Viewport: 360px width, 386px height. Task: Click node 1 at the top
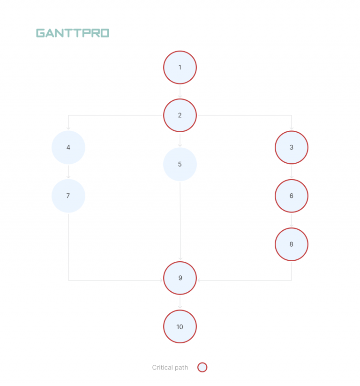tap(180, 68)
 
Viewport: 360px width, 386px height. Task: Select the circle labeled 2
tap(180, 115)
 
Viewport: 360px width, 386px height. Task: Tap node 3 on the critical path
tap(291, 147)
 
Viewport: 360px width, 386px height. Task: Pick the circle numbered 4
tap(68, 147)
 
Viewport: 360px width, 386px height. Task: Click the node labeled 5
tap(180, 164)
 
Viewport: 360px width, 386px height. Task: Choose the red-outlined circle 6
tap(291, 196)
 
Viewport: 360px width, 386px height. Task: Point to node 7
tap(68, 196)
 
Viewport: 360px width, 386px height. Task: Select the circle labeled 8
tap(291, 244)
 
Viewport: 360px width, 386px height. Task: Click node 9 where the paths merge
tap(180, 278)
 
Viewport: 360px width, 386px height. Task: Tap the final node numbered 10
tap(180, 326)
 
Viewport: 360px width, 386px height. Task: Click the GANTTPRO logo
tap(73, 33)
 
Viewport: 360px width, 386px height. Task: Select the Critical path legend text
tap(170, 368)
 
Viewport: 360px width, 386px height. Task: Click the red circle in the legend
tap(202, 368)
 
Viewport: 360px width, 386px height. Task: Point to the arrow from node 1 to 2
tap(180, 91)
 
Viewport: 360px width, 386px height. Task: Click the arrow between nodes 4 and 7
tap(68, 172)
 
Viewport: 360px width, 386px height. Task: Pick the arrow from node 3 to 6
tap(291, 172)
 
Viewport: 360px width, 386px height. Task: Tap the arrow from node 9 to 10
tap(180, 302)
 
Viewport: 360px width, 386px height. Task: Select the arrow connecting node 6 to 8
tap(291, 220)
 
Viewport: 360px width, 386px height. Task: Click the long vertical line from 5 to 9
tap(180, 220)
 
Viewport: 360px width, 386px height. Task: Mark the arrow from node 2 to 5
tap(180, 140)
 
